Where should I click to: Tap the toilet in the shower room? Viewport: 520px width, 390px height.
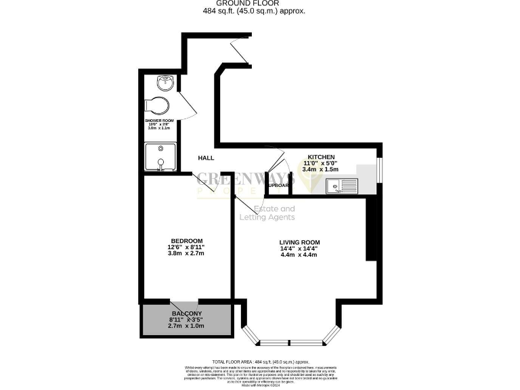[x=160, y=106]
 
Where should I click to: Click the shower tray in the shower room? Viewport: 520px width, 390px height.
[x=160, y=157]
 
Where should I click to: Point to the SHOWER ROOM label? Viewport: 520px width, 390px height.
[x=159, y=121]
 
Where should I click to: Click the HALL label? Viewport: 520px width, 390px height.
[x=206, y=158]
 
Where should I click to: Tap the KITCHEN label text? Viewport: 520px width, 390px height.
[x=321, y=156]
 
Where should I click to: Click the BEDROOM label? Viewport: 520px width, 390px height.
[x=187, y=242]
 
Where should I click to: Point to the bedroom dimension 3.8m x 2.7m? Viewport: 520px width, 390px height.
[x=187, y=255]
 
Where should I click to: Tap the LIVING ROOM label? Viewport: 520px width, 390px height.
[x=299, y=242]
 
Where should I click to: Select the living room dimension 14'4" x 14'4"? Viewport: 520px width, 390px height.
[x=299, y=249]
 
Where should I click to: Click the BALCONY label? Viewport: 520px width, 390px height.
[x=186, y=313]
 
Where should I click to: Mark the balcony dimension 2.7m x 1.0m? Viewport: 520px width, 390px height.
[x=186, y=326]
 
